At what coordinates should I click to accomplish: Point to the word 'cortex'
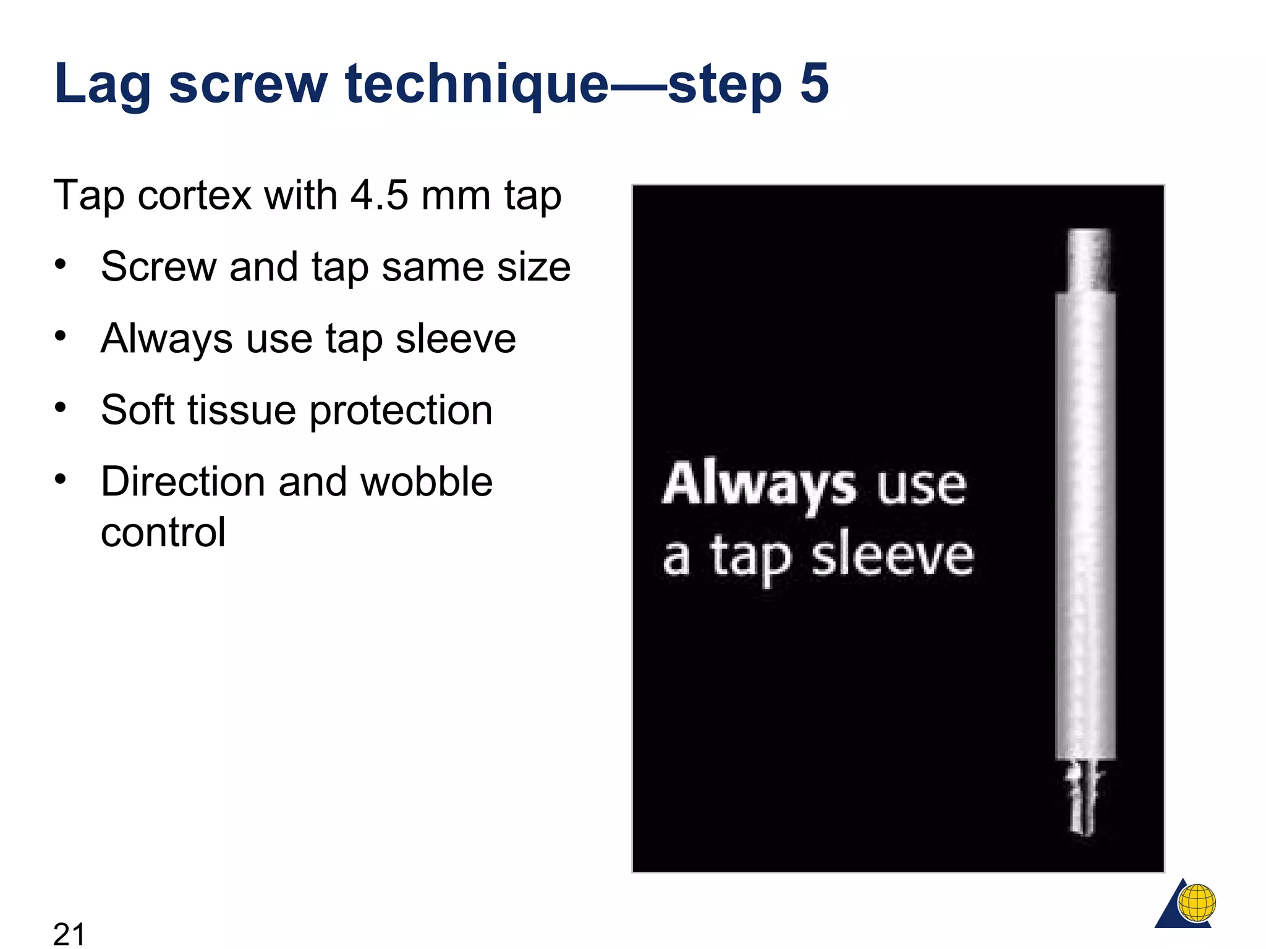coord(195,196)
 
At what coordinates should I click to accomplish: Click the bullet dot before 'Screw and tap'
coord(60,265)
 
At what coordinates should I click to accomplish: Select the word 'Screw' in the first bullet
coord(158,267)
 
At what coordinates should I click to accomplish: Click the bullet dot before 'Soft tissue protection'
coord(60,408)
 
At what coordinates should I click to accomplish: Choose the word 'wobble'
coord(426,481)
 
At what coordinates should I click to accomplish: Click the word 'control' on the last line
coord(163,532)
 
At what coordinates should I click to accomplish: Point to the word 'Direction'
coord(183,481)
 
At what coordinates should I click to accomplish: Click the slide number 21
coord(69,933)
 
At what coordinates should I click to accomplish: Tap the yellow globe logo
coord(1197,903)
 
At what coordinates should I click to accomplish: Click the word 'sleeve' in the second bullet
coord(456,339)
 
